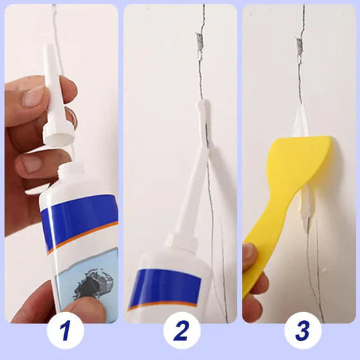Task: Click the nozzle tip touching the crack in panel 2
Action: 202,108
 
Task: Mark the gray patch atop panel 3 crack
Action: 300,45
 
